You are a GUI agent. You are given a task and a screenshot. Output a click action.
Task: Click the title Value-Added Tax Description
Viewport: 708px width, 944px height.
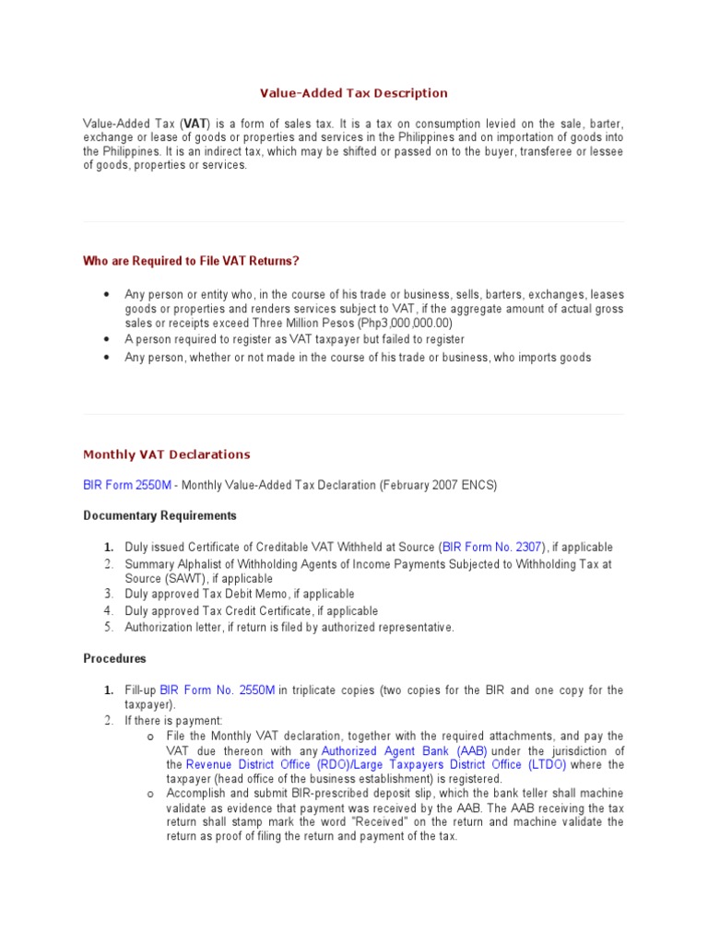353,93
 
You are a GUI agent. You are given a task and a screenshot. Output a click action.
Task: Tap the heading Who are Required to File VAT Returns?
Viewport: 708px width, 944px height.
191,261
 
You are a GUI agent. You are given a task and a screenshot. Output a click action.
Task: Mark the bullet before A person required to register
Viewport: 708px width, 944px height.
107,340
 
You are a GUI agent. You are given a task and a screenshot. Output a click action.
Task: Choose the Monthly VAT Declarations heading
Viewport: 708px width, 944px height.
167,454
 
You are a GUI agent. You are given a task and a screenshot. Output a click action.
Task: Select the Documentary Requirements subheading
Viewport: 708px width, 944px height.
159,515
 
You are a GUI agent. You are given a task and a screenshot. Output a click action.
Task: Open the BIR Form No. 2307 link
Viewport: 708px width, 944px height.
493,547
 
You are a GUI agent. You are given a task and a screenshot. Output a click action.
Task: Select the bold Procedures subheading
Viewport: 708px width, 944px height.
114,659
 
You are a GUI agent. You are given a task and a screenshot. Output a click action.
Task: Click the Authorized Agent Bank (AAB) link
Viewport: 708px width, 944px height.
404,750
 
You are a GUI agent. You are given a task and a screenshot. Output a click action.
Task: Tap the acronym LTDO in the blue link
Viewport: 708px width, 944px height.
547,765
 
